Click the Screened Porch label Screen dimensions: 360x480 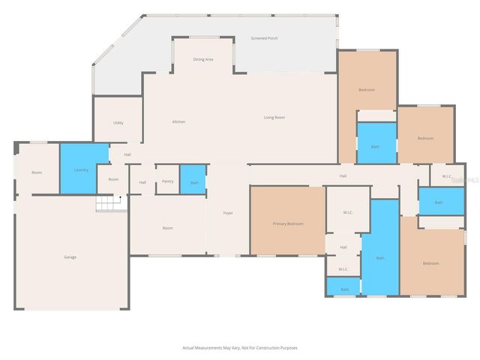[264, 38]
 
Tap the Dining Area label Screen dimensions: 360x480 [203, 59]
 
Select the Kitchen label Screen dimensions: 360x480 [178, 121]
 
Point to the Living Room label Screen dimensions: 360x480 [274, 117]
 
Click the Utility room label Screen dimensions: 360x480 [118, 122]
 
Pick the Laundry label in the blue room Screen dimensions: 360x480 [81, 169]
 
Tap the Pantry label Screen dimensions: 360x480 [166, 182]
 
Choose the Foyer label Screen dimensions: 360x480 [228, 213]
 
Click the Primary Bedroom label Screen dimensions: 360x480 [288, 223]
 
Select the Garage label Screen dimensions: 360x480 [70, 257]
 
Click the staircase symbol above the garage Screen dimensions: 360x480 [108, 202]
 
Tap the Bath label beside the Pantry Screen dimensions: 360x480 [194, 182]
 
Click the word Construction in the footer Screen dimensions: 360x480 [259, 348]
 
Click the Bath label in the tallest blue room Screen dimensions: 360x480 [380, 258]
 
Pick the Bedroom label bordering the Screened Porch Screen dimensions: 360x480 [367, 90]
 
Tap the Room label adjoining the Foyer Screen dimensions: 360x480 [168, 228]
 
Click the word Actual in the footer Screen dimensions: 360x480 [189, 348]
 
